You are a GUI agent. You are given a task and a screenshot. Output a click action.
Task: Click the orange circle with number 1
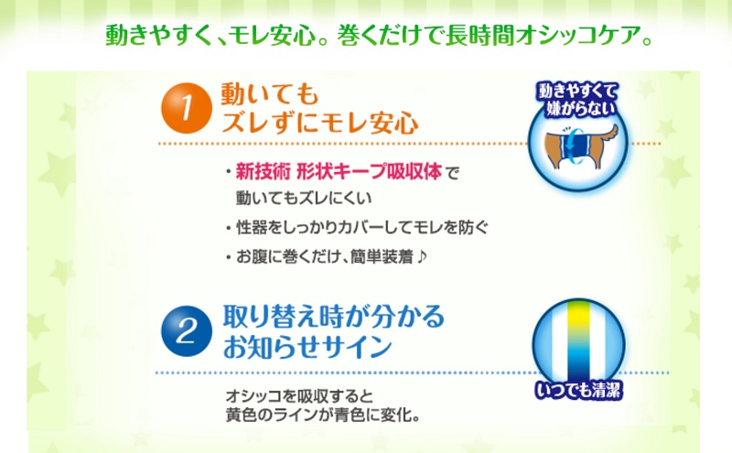[x=187, y=108]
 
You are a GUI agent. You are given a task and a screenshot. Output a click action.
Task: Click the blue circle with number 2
[x=187, y=331]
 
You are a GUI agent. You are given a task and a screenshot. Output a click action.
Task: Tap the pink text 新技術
[x=263, y=172]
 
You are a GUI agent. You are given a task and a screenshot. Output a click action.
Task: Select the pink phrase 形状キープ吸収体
[x=370, y=172]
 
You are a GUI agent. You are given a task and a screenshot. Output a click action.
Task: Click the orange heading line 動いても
[x=269, y=94]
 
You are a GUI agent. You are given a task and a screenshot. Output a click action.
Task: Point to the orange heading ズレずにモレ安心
[x=319, y=123]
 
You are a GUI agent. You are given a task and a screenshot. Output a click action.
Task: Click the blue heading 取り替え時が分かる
[x=333, y=317]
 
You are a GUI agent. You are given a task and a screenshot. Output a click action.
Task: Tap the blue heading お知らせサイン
[x=307, y=346]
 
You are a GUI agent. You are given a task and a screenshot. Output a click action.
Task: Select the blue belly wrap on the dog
[x=573, y=146]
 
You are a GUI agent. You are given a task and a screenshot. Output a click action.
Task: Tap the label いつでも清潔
[x=578, y=390]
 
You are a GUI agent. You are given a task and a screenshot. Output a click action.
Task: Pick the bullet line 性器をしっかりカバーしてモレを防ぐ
[x=361, y=228]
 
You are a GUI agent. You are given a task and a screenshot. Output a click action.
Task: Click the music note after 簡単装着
[x=422, y=256]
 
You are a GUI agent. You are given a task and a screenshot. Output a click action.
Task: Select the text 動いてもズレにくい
[x=304, y=198]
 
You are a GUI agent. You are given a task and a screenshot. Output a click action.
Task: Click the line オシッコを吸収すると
[x=299, y=396]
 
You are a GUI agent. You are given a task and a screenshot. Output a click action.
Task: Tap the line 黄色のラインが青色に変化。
[x=323, y=415]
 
